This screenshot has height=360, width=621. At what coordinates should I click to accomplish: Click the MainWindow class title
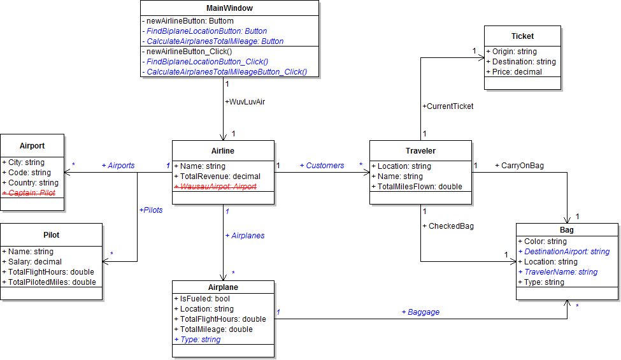229,8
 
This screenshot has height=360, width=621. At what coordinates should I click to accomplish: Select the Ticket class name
522,36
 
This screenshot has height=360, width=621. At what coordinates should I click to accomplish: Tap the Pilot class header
51,235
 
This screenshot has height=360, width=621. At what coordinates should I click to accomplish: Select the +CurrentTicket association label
448,106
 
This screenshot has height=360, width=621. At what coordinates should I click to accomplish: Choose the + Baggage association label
420,312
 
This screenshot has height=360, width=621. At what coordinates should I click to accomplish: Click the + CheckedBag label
448,226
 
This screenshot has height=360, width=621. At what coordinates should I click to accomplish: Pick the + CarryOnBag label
519,166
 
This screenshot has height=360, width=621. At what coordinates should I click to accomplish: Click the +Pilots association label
151,210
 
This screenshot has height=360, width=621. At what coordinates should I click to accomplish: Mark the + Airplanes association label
245,235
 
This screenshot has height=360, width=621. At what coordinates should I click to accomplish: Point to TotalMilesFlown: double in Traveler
417,187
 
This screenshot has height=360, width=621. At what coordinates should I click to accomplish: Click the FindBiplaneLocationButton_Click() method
207,62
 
